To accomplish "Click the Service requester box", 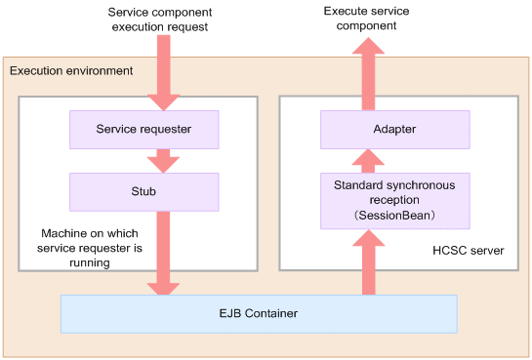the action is pyautogui.click(x=144, y=130).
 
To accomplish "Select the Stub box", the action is pyautogui.click(x=144, y=192).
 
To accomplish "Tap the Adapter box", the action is pyautogui.click(x=395, y=130).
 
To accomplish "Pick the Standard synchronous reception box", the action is pyautogui.click(x=395, y=201).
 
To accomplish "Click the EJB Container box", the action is pyautogui.click(x=259, y=314).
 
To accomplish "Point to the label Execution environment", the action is pyautogui.click(x=71, y=71).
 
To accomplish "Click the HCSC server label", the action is pyautogui.click(x=469, y=251).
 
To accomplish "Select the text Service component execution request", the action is pyautogui.click(x=160, y=20).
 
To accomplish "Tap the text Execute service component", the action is pyautogui.click(x=366, y=19).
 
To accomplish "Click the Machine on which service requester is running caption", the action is pyautogui.click(x=90, y=248).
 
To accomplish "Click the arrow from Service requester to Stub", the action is pyautogui.click(x=163, y=161).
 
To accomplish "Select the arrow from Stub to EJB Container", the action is pyautogui.click(x=163, y=254).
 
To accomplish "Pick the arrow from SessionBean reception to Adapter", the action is pyautogui.click(x=368, y=161).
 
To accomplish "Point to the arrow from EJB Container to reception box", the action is pyautogui.click(x=368, y=262).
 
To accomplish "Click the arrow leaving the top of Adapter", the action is pyautogui.click(x=368, y=74).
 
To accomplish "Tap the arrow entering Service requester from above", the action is pyautogui.click(x=164, y=73).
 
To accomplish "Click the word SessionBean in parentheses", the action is pyautogui.click(x=394, y=216).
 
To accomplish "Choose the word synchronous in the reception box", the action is pyautogui.click(x=421, y=185).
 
